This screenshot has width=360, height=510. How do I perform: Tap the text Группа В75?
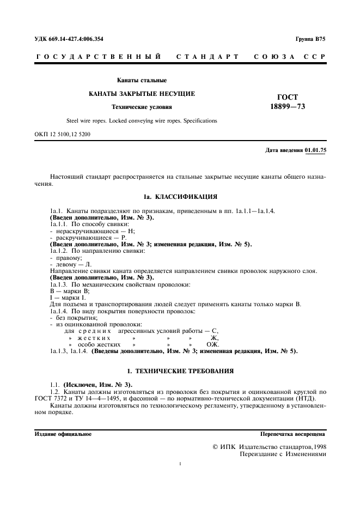pos(310,39)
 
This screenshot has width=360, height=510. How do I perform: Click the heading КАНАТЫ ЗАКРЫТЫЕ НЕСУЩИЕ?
pos(142,94)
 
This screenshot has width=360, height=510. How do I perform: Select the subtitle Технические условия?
pos(142,107)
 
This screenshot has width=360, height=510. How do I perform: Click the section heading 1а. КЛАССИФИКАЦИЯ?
pos(180,195)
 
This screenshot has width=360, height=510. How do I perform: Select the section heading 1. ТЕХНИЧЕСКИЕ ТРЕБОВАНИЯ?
pos(180,371)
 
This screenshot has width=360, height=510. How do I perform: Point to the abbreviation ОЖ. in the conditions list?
pos(212,345)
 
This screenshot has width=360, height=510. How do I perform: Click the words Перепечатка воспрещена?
pos(293,434)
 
